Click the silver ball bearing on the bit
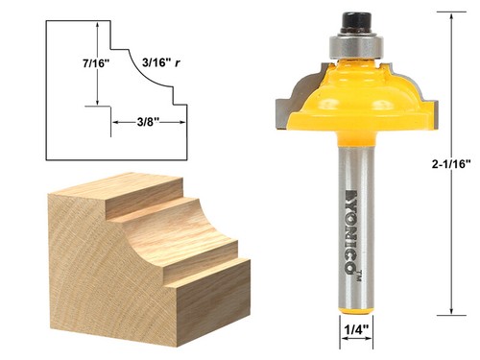[354, 42]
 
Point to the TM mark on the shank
[354, 276]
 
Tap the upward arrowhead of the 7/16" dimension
[96, 30]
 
